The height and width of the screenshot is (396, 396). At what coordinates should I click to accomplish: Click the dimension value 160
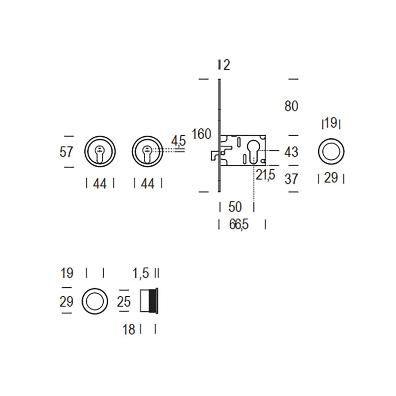[x=201, y=134]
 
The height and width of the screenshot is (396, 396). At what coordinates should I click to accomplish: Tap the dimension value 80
[x=291, y=106]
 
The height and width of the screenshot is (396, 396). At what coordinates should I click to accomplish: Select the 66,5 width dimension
[x=239, y=224]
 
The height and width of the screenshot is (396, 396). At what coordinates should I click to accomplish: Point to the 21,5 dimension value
[x=265, y=175]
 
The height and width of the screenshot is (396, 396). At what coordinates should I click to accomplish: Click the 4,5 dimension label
[x=179, y=141]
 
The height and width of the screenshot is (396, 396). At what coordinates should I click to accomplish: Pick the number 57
[x=66, y=152]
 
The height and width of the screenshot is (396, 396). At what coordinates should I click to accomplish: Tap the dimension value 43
[x=291, y=152]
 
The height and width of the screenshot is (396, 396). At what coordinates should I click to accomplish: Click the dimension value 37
[x=291, y=179]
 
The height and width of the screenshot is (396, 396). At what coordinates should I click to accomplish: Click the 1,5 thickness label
[x=141, y=273]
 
